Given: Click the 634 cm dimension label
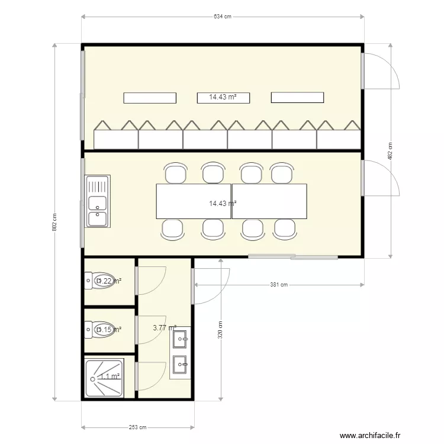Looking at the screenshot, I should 222,17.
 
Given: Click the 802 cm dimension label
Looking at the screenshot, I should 54,222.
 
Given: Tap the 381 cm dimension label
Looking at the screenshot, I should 279,285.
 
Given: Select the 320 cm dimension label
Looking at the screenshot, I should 220,330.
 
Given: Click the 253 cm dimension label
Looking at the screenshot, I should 137,427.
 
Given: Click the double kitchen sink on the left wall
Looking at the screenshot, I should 98,202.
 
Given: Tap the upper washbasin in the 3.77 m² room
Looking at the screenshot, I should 179,339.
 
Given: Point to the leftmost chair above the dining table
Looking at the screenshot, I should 175,173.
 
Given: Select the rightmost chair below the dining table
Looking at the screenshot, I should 285,228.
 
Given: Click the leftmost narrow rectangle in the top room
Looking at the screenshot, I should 149,98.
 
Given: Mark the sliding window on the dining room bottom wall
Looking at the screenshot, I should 294,257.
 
